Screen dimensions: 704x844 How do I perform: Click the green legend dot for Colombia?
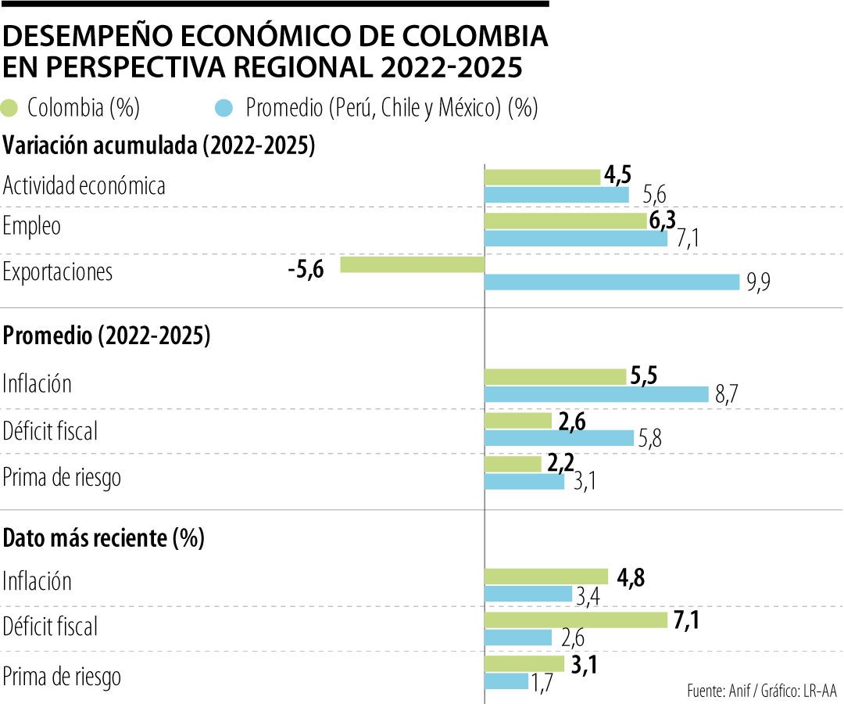[x=11, y=108]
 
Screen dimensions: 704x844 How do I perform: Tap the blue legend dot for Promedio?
[x=224, y=108]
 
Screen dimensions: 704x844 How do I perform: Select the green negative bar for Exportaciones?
[x=413, y=264]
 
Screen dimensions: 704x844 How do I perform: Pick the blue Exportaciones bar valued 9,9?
[x=612, y=282]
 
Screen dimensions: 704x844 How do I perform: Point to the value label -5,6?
[x=305, y=268]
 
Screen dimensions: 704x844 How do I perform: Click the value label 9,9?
[x=758, y=284]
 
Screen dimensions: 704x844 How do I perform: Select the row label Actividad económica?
[x=84, y=186]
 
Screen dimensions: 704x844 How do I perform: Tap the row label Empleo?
[x=32, y=227]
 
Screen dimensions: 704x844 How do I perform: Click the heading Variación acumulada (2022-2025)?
[x=159, y=146]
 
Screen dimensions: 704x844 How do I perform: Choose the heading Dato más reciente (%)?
[x=104, y=539]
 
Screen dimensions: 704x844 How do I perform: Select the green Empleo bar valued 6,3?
[x=566, y=221]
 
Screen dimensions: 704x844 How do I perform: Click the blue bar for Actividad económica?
[x=556, y=195]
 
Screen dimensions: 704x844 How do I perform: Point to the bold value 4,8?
[x=631, y=579]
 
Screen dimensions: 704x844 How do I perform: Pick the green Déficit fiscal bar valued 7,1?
[x=576, y=620]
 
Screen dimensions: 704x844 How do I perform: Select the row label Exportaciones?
[x=58, y=272]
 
